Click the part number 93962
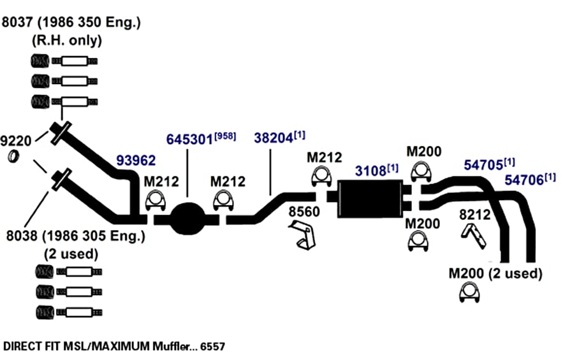136,161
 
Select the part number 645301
189,140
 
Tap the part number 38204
274,138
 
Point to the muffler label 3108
370,171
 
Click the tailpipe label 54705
483,165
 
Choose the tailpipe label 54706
524,180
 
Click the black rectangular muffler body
370,198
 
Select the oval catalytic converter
188,218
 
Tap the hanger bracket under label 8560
303,234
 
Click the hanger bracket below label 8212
474,236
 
